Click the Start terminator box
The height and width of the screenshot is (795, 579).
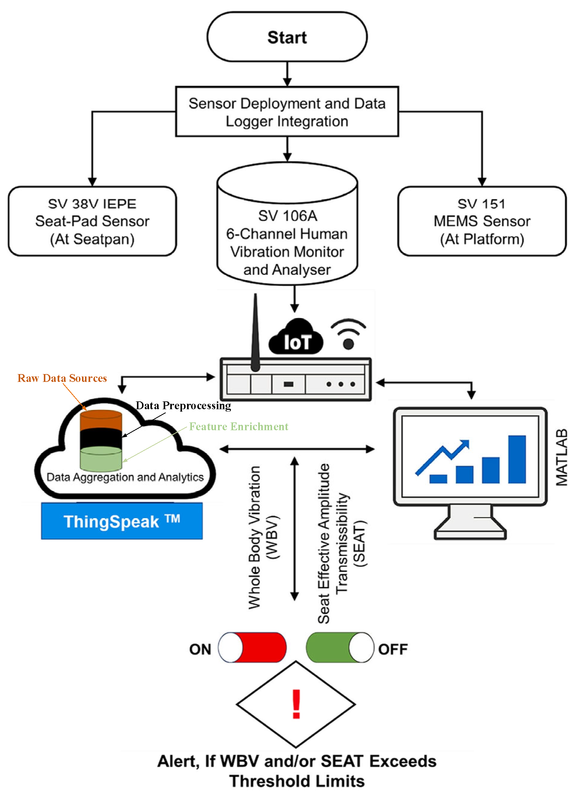[x=287, y=37]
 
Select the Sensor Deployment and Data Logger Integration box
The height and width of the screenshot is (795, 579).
[x=287, y=111]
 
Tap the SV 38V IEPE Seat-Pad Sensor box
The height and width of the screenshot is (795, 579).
[x=92, y=221]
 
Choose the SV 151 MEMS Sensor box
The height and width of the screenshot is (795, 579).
[x=482, y=221]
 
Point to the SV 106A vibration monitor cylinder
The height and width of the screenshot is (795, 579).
[x=287, y=223]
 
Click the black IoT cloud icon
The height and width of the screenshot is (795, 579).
[x=296, y=336]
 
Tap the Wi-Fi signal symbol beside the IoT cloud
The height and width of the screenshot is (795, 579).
[x=348, y=334]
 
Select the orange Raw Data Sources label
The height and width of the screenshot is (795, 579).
[x=62, y=378]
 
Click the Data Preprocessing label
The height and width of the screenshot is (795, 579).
[x=183, y=406]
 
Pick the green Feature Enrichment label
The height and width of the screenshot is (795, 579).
[x=239, y=426]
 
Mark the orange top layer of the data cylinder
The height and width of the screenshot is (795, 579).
[x=101, y=421]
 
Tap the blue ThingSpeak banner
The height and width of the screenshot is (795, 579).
[x=122, y=521]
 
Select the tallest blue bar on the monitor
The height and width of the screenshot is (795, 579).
[x=517, y=459]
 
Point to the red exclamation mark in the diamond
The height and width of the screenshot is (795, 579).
[x=296, y=704]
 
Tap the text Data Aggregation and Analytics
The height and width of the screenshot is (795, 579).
[x=125, y=477]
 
